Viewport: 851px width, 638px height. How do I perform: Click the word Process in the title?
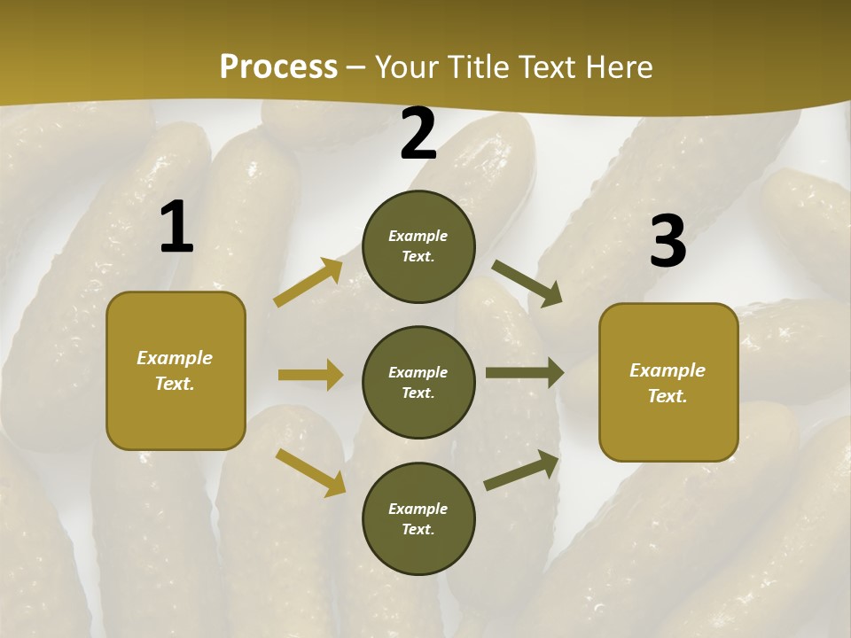coord(278,67)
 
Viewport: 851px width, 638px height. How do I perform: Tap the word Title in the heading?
coord(477,67)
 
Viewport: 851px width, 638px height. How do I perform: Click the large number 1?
coord(176,227)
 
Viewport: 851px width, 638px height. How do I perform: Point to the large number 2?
coord(418,135)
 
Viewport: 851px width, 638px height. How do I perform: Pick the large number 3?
coord(668,241)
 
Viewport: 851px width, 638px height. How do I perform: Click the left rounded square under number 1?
coord(176,370)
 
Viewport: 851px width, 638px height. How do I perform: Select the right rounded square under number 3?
coord(668,383)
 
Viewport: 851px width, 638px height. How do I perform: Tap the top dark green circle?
coord(418,246)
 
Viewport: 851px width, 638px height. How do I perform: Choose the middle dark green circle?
coord(418,383)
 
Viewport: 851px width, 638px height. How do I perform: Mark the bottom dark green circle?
coord(418,519)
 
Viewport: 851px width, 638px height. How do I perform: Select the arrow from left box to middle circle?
coord(310,375)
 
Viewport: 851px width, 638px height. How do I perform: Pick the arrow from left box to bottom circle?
coord(311,471)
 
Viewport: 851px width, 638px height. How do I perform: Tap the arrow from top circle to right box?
coord(527,283)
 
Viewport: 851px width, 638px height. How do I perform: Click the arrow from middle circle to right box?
coord(525,373)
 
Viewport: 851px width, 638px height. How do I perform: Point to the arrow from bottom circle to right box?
coord(522,471)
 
